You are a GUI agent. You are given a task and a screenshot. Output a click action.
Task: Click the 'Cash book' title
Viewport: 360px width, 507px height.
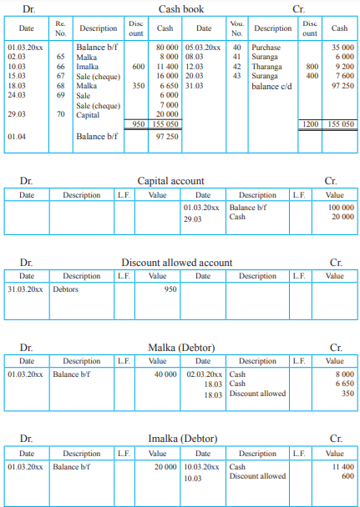[181, 8]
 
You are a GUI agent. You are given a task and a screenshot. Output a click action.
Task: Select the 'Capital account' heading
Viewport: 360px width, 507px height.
[170, 180]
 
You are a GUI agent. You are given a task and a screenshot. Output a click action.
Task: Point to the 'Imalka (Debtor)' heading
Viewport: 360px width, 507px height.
[171, 439]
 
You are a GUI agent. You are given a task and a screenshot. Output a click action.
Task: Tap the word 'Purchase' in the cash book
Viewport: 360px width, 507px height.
[266, 48]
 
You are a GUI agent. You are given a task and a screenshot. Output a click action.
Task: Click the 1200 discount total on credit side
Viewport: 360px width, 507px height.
[309, 123]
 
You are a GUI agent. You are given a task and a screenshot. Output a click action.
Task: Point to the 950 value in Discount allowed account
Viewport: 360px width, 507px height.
[170, 289]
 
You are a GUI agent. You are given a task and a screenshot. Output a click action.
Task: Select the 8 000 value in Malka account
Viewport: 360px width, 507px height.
[341, 375]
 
